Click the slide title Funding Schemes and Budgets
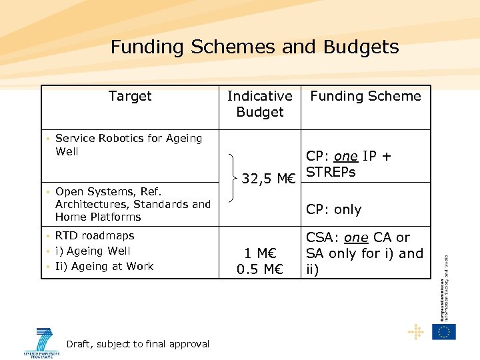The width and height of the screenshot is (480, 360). (255, 47)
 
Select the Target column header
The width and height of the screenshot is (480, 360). (130, 96)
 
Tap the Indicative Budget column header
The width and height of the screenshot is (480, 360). (260, 104)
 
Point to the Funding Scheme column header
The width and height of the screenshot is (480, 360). (365, 96)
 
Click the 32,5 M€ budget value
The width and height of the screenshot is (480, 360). (269, 178)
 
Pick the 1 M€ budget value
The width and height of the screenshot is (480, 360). (260, 254)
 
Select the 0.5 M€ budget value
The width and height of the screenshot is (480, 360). (260, 269)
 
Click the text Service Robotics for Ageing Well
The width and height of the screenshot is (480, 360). (129, 145)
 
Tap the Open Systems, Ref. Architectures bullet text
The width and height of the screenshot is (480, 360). (133, 204)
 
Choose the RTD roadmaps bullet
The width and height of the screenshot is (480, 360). (95, 235)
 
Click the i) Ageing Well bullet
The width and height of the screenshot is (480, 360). (93, 251)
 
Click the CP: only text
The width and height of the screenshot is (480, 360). (333, 209)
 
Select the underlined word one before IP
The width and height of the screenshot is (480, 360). (345, 156)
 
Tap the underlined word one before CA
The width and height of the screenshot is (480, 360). (356, 237)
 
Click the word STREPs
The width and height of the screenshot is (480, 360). (331, 172)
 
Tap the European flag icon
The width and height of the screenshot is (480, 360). (443, 331)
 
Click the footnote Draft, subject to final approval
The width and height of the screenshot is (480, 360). (138, 344)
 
